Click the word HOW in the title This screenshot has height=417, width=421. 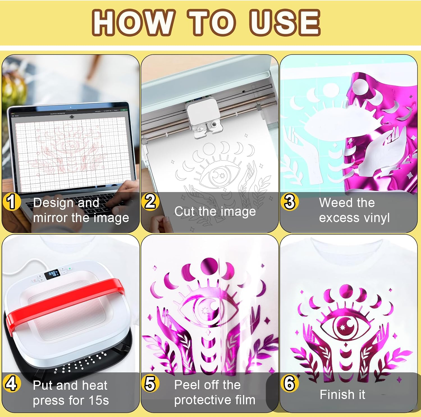132,22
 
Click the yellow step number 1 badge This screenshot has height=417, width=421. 11,202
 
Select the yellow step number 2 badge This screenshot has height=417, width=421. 150,202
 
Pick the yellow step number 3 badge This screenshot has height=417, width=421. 290,202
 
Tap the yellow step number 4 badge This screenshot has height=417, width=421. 12,384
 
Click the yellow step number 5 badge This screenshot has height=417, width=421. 150,384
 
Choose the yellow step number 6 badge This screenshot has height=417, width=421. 289,384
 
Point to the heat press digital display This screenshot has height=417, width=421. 52,274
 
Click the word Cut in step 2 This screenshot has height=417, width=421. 184,211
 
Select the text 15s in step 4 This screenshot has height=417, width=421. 99,400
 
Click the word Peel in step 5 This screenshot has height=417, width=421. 187,385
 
